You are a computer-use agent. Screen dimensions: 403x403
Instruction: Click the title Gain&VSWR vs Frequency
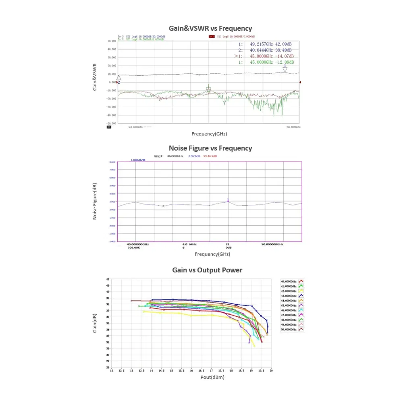[210, 28]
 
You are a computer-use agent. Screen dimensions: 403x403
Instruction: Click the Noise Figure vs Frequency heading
[210, 148]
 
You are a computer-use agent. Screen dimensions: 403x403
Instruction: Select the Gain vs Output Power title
[207, 270]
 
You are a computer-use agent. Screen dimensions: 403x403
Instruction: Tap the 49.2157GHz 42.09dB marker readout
[266, 44]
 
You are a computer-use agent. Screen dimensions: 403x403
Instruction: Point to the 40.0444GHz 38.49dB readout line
[266, 50]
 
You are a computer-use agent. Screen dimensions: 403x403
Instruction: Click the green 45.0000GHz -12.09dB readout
[266, 62]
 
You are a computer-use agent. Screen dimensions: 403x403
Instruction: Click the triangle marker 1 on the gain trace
[285, 69]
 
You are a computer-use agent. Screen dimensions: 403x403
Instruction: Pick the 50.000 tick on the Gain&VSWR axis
[112, 41]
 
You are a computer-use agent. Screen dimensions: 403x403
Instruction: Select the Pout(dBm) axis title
[212, 378]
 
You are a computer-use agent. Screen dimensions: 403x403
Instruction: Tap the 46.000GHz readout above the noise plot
[175, 156]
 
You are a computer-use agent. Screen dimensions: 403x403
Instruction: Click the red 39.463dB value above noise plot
[210, 156]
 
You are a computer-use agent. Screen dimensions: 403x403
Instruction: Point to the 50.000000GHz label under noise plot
[272, 244]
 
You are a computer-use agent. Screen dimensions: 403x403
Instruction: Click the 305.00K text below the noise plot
[134, 247]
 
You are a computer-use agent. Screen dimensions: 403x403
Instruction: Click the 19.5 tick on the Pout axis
[261, 371]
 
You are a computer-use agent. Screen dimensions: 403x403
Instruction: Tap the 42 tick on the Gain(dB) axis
[108, 279]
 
